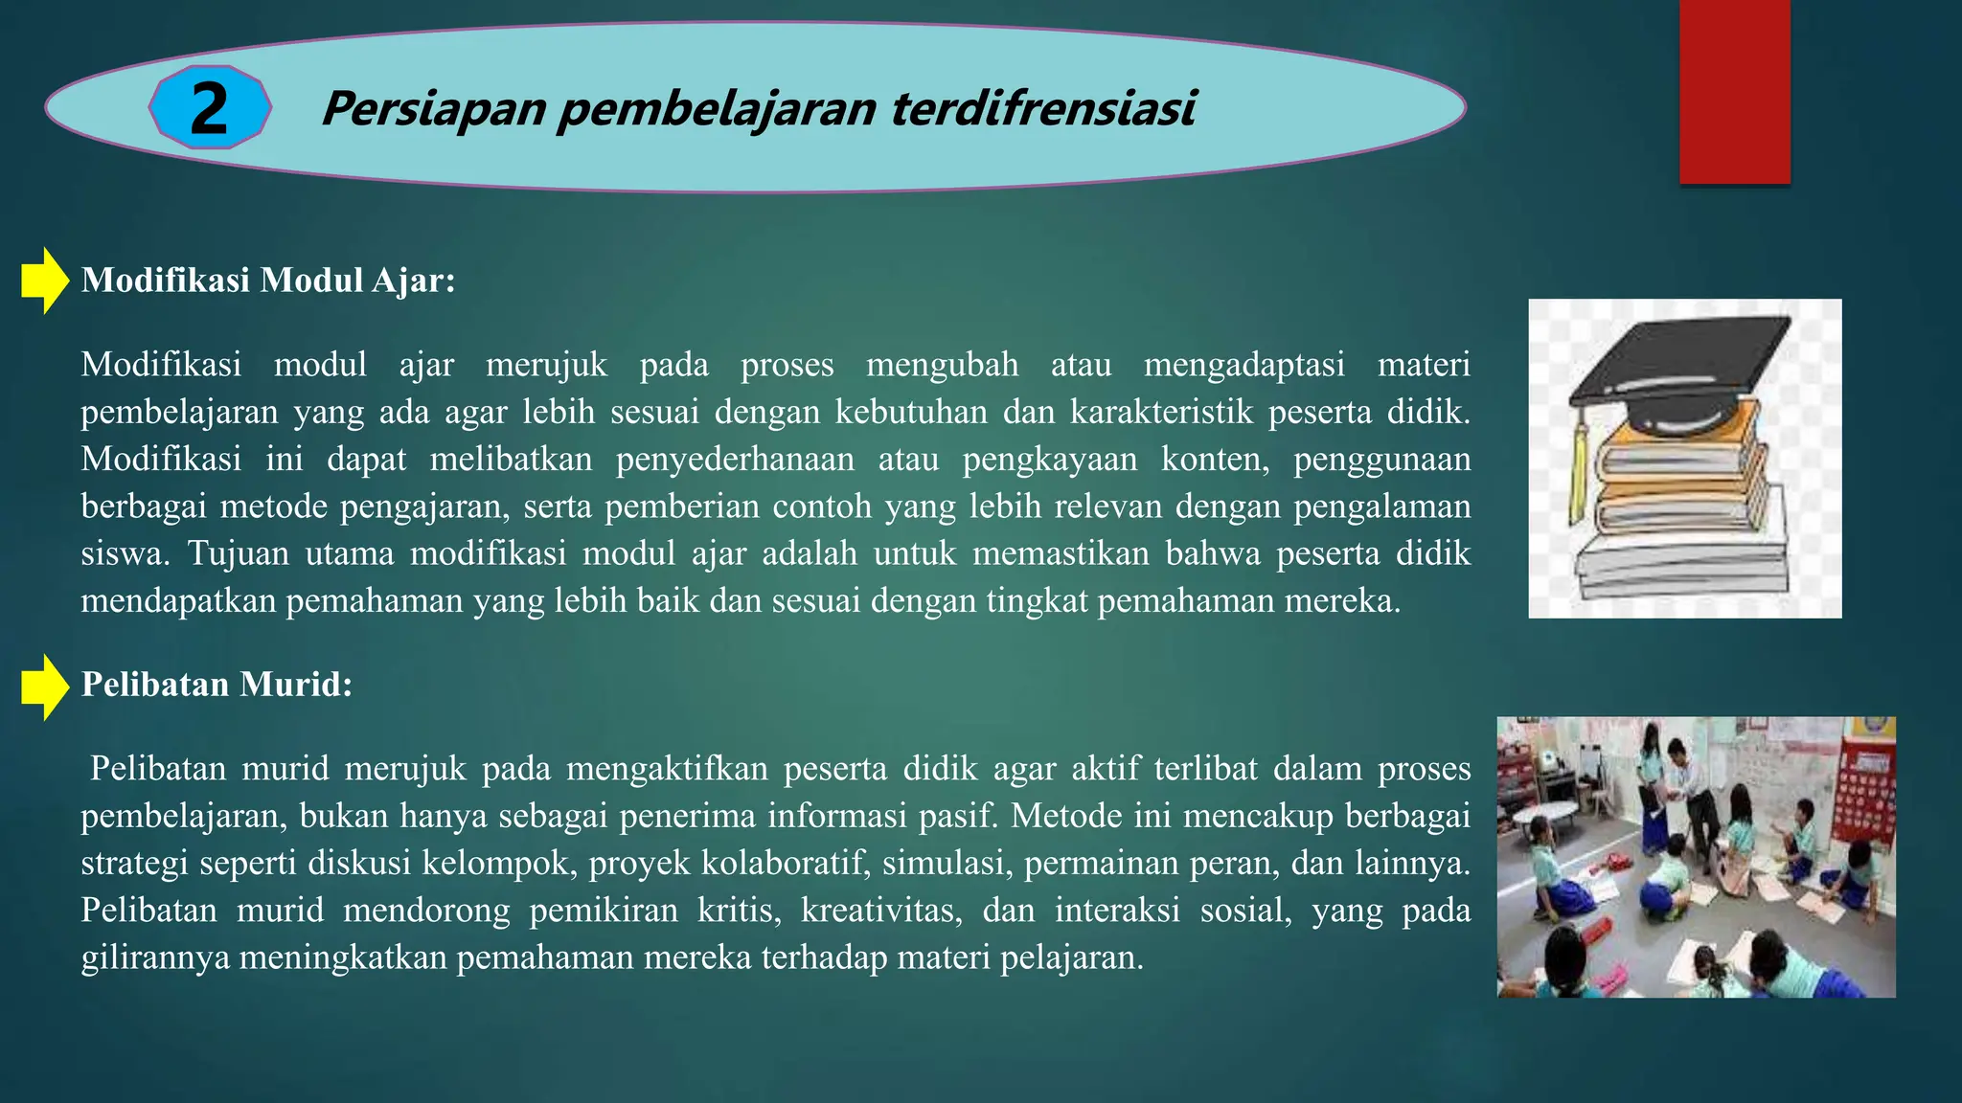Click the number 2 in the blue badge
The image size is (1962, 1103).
[209, 108]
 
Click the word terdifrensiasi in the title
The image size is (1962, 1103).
[1043, 107]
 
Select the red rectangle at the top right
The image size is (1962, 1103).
[1734, 91]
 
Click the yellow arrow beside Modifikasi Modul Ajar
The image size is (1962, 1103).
[44, 281]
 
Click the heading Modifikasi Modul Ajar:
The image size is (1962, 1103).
[268, 281]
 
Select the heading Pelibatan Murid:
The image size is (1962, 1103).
[217, 685]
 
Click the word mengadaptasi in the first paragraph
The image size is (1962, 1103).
[1243, 366]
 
